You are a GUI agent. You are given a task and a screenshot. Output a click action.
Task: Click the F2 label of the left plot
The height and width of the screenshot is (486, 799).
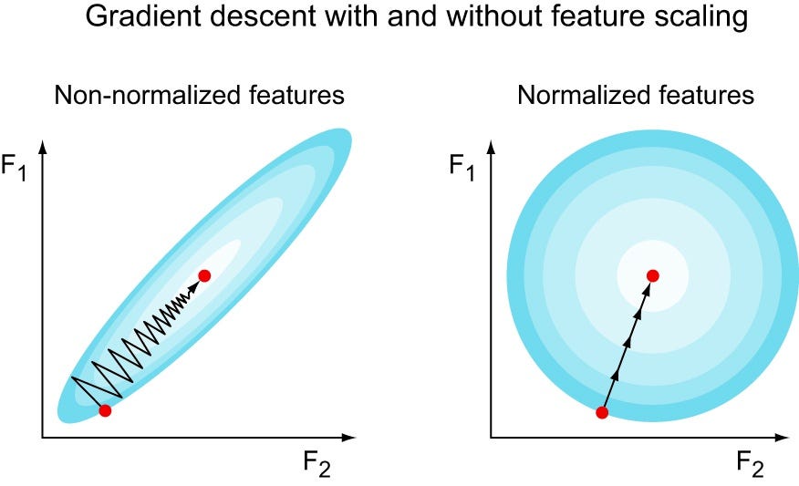(316, 465)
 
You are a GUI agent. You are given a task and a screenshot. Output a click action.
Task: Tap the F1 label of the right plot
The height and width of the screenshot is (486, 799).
(462, 168)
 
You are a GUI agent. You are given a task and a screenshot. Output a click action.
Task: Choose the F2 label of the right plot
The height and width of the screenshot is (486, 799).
(750, 465)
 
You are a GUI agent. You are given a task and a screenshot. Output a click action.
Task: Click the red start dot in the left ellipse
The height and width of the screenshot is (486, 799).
(105, 410)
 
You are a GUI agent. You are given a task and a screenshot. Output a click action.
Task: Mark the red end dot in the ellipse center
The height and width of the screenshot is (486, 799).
(204, 275)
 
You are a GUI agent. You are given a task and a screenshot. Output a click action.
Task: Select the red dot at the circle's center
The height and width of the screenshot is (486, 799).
(653, 275)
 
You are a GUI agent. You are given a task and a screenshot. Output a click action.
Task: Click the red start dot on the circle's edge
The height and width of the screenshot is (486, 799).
(602, 412)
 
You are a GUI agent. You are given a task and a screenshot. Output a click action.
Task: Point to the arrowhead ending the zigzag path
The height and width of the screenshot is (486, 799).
(193, 287)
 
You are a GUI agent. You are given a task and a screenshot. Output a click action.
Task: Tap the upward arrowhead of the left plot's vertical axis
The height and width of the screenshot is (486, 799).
(43, 147)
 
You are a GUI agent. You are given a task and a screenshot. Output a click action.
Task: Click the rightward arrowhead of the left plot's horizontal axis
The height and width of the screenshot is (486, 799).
(348, 437)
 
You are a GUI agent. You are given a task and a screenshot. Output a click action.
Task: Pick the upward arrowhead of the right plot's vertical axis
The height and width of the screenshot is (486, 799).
(492, 147)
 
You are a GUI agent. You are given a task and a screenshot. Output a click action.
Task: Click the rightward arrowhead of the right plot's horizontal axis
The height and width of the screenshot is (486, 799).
(783, 437)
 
